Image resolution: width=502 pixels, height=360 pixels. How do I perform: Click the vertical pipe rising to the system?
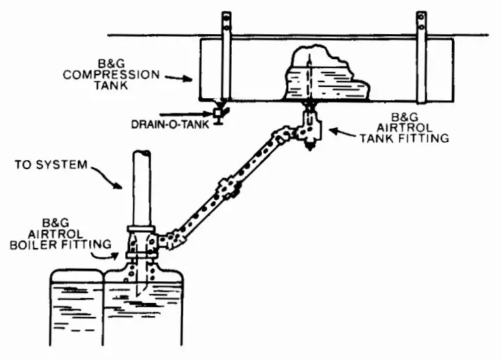click(x=139, y=188)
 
